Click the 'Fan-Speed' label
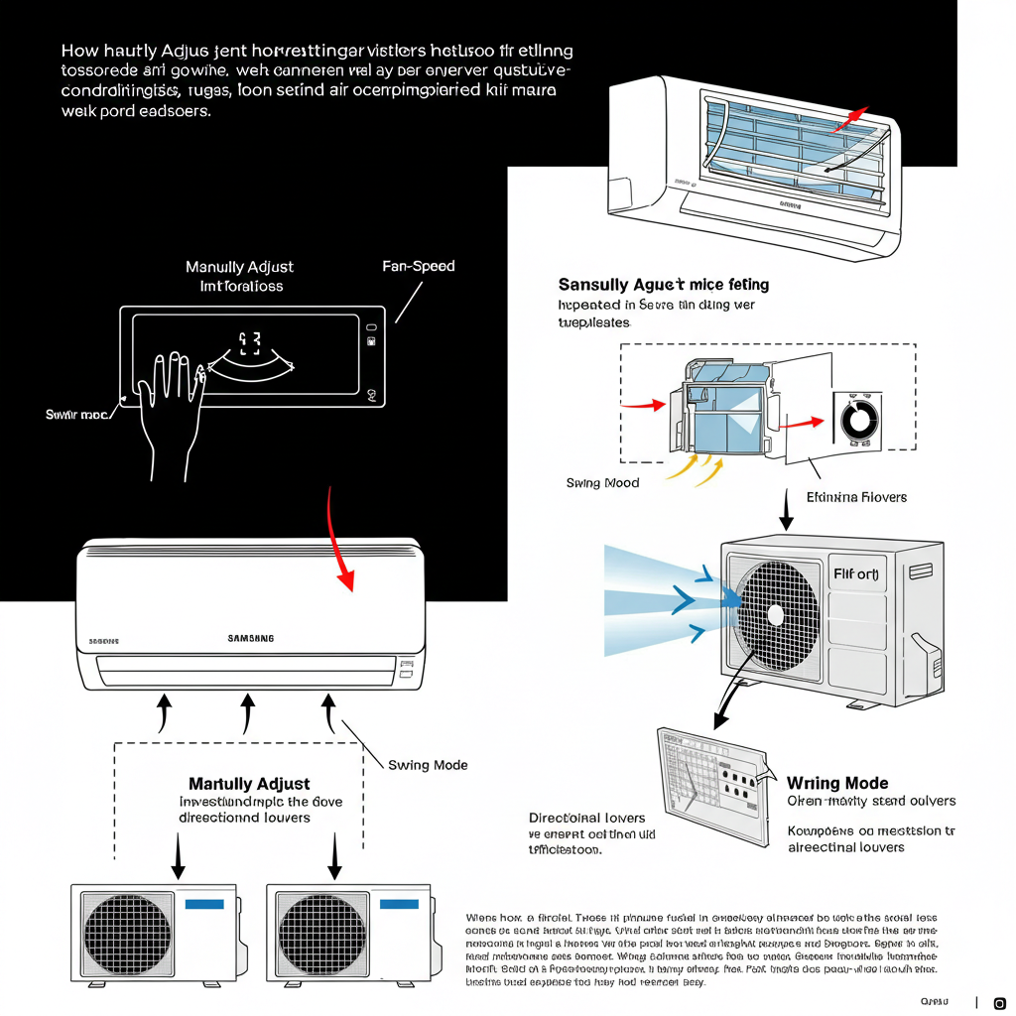pos(418,267)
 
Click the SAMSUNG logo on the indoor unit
pos(251,639)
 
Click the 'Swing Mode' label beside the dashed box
pos(428,765)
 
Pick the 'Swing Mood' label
pos(602,483)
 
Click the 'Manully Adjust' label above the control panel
pos(240,267)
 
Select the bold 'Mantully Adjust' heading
pos(249,784)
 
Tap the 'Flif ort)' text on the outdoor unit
pos(856,574)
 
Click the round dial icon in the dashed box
pos(854,421)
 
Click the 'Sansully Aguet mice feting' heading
pos(663,285)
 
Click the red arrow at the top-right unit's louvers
pos(850,119)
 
